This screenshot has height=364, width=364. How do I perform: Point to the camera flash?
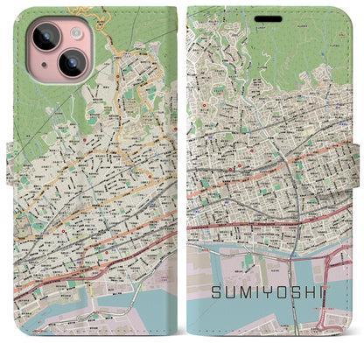pos(71,33)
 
